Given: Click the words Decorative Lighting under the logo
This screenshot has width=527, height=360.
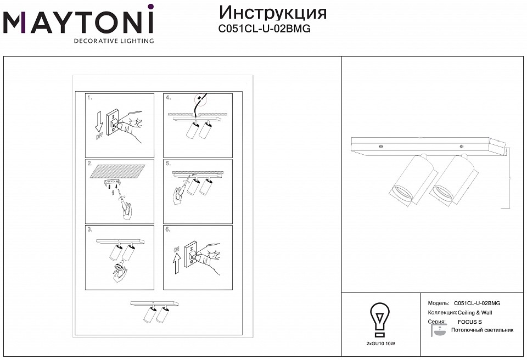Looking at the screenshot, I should [x=114, y=41].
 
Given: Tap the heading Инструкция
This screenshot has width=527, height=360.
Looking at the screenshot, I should [x=273, y=12].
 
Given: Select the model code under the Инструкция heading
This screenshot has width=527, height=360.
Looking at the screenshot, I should [x=265, y=29].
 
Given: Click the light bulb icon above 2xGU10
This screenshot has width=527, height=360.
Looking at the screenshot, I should [x=380, y=318].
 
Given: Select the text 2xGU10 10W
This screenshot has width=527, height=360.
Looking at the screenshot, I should [x=380, y=343].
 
